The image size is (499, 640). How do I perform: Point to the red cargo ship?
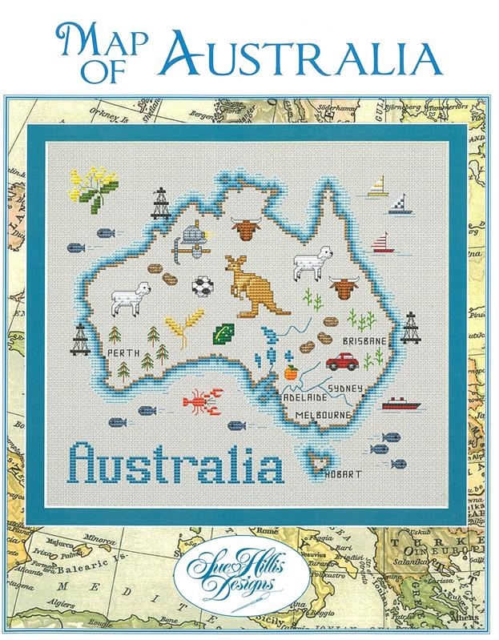pyautogui.click(x=396, y=404)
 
